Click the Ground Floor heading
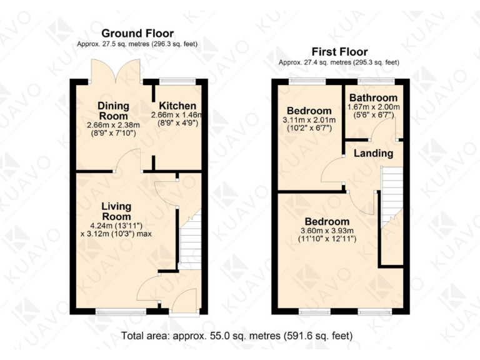[137, 33]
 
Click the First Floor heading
[339, 52]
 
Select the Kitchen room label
[177, 106]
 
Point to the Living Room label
[117, 210]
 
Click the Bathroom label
[373, 98]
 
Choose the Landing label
[374, 153]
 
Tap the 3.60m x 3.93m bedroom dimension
[327, 231]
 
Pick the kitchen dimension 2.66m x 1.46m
[177, 115]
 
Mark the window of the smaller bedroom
[307, 81]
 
